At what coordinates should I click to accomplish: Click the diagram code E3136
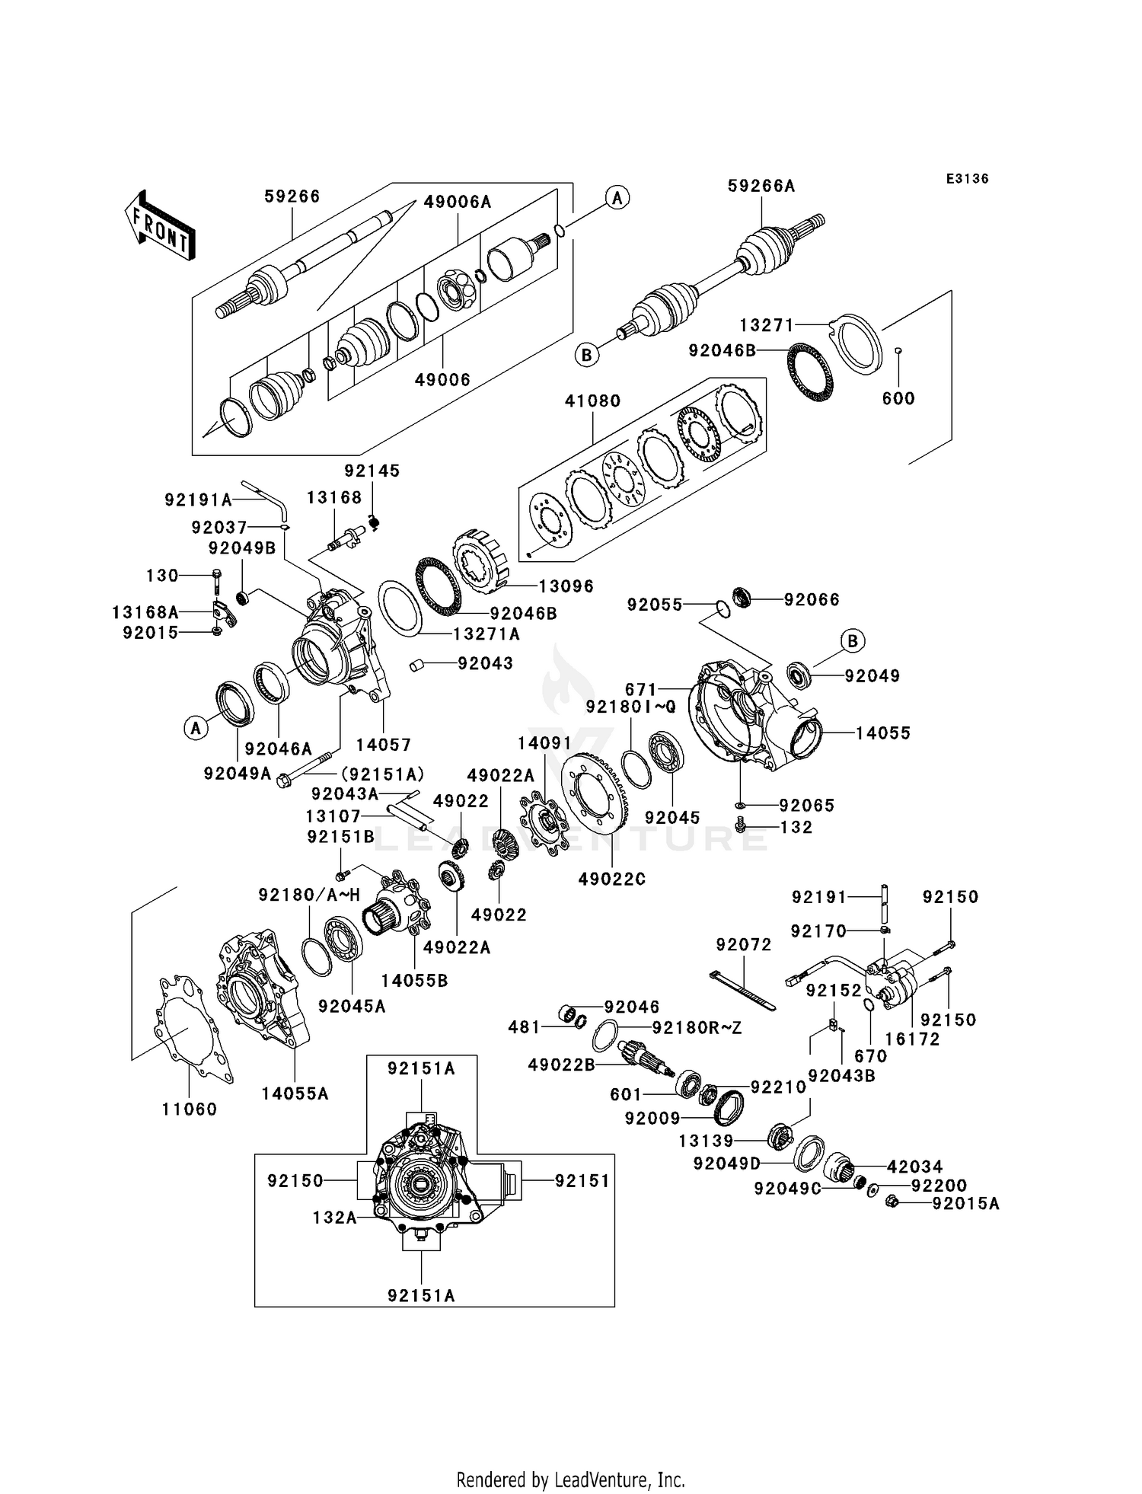(967, 179)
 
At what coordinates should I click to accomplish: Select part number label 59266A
(761, 186)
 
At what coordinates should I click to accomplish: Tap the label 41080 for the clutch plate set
(592, 401)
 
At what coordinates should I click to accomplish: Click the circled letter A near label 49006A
(617, 199)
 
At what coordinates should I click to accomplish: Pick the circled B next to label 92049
(853, 641)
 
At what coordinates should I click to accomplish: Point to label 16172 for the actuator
(912, 1039)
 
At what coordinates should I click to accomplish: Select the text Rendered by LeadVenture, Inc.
(570, 1480)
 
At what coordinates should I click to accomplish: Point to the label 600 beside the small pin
(898, 398)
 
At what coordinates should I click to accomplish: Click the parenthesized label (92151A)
(381, 774)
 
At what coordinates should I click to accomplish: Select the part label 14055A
(295, 1093)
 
